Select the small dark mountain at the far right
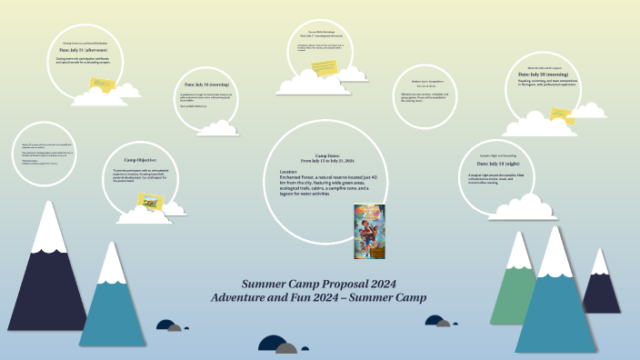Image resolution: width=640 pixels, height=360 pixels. (600, 285)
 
